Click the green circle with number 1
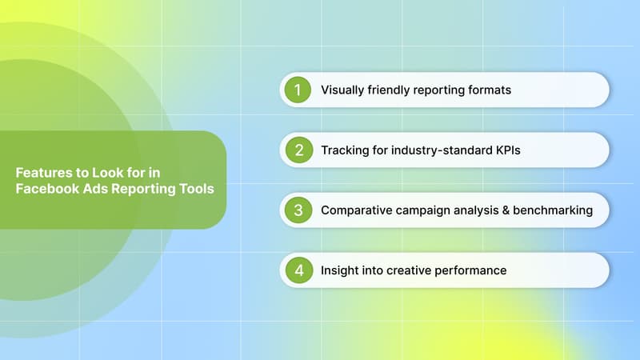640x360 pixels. [x=298, y=90]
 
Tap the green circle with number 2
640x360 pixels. [x=298, y=150]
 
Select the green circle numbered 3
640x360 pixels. [x=298, y=210]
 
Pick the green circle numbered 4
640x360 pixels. [x=298, y=270]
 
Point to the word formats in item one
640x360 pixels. [x=489, y=90]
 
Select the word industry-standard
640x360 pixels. [x=428, y=150]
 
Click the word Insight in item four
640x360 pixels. [x=340, y=270]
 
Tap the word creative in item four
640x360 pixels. [x=412, y=270]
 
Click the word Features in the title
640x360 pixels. [x=42, y=172]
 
